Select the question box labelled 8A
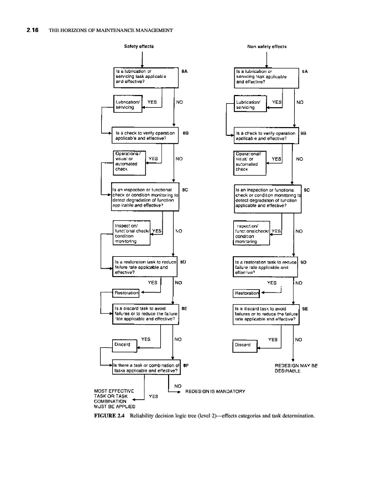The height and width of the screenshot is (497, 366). [x=146, y=77]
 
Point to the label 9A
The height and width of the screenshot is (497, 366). [x=305, y=71]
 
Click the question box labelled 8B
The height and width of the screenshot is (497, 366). [x=146, y=136]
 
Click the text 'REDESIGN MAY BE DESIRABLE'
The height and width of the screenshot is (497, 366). [x=296, y=368]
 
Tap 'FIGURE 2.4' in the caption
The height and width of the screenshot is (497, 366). [x=112, y=416]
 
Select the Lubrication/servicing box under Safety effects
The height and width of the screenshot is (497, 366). [x=127, y=105]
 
